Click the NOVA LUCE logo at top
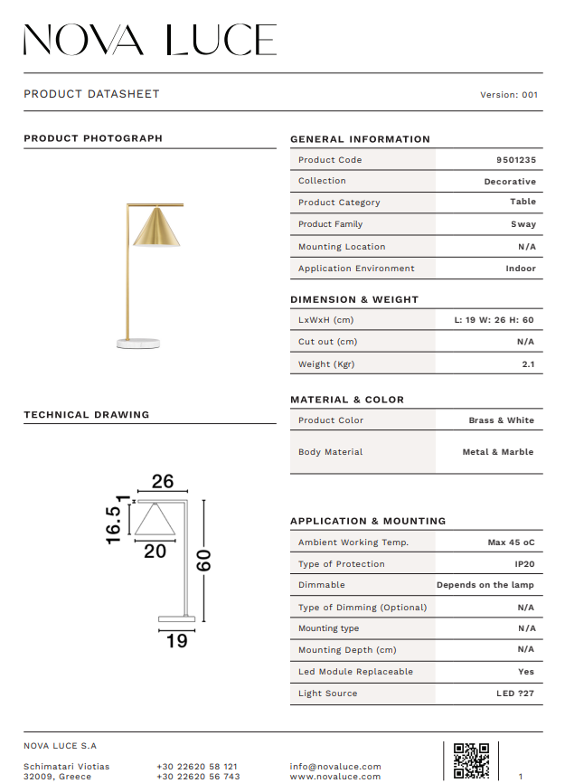click(x=149, y=40)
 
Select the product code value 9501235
click(x=515, y=160)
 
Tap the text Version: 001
click(x=509, y=94)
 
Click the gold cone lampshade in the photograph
click(x=156, y=228)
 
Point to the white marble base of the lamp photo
click(x=138, y=343)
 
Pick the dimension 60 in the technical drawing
click(x=204, y=561)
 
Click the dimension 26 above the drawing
click(x=163, y=482)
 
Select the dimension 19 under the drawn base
click(x=177, y=640)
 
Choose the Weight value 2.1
click(x=528, y=364)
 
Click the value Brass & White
click(x=501, y=420)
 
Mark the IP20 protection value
click(x=524, y=564)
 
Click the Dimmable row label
click(x=321, y=585)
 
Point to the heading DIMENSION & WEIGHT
click(x=353, y=299)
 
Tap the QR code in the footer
click(x=471, y=760)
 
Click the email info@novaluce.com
click(x=335, y=767)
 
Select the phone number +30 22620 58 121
click(x=197, y=767)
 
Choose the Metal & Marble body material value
click(x=497, y=452)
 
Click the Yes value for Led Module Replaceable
click(x=526, y=672)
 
